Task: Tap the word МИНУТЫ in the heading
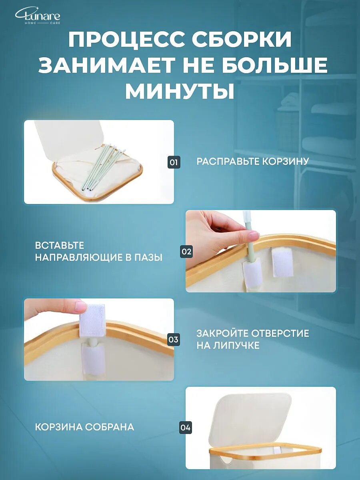tap(180, 91)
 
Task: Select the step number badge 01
tap(173, 162)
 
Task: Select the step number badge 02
tap(186, 252)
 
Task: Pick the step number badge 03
tap(173, 340)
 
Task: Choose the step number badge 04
tap(186, 428)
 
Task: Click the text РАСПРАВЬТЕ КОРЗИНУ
tap(253, 162)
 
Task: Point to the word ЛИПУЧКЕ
tap(228, 346)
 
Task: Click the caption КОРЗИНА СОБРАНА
tap(84, 427)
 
